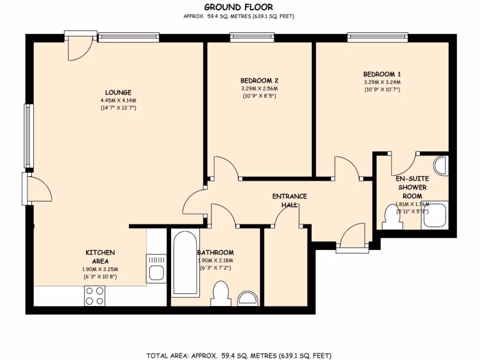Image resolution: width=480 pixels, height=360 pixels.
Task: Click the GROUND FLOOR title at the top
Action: click(239, 7)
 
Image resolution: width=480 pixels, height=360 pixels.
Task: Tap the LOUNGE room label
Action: click(118, 92)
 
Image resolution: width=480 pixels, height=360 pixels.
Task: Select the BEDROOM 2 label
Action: click(259, 80)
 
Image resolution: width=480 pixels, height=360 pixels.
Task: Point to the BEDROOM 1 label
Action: click(382, 74)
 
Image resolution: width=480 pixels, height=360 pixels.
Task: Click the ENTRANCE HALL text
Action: click(290, 201)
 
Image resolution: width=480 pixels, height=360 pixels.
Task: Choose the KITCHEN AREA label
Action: click(100, 256)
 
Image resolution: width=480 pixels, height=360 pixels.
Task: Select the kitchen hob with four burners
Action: click(94, 295)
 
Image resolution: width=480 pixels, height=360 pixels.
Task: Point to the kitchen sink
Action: click(156, 268)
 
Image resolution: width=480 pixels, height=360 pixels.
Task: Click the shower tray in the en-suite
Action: click(435, 216)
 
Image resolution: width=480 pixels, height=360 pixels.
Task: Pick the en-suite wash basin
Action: click(441, 165)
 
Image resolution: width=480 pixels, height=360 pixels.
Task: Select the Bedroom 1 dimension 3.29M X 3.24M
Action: click(382, 82)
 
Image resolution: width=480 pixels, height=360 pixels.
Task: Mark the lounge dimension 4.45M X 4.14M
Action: click(118, 100)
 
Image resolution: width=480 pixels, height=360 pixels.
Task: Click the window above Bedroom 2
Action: click(252, 36)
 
